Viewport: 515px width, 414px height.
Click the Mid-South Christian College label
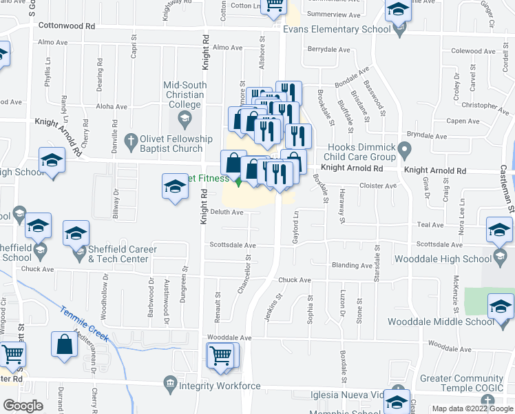tap(183, 95)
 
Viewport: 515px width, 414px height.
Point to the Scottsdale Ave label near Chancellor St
tap(233, 246)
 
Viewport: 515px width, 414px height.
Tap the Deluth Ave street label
tap(227, 213)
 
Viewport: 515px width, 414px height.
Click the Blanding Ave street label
tap(351, 266)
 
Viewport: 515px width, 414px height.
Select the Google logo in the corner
tap(23, 406)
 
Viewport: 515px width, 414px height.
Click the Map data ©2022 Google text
tap(472, 408)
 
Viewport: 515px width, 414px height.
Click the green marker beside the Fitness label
tap(238, 182)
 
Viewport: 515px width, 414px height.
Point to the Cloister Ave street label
tap(379, 186)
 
